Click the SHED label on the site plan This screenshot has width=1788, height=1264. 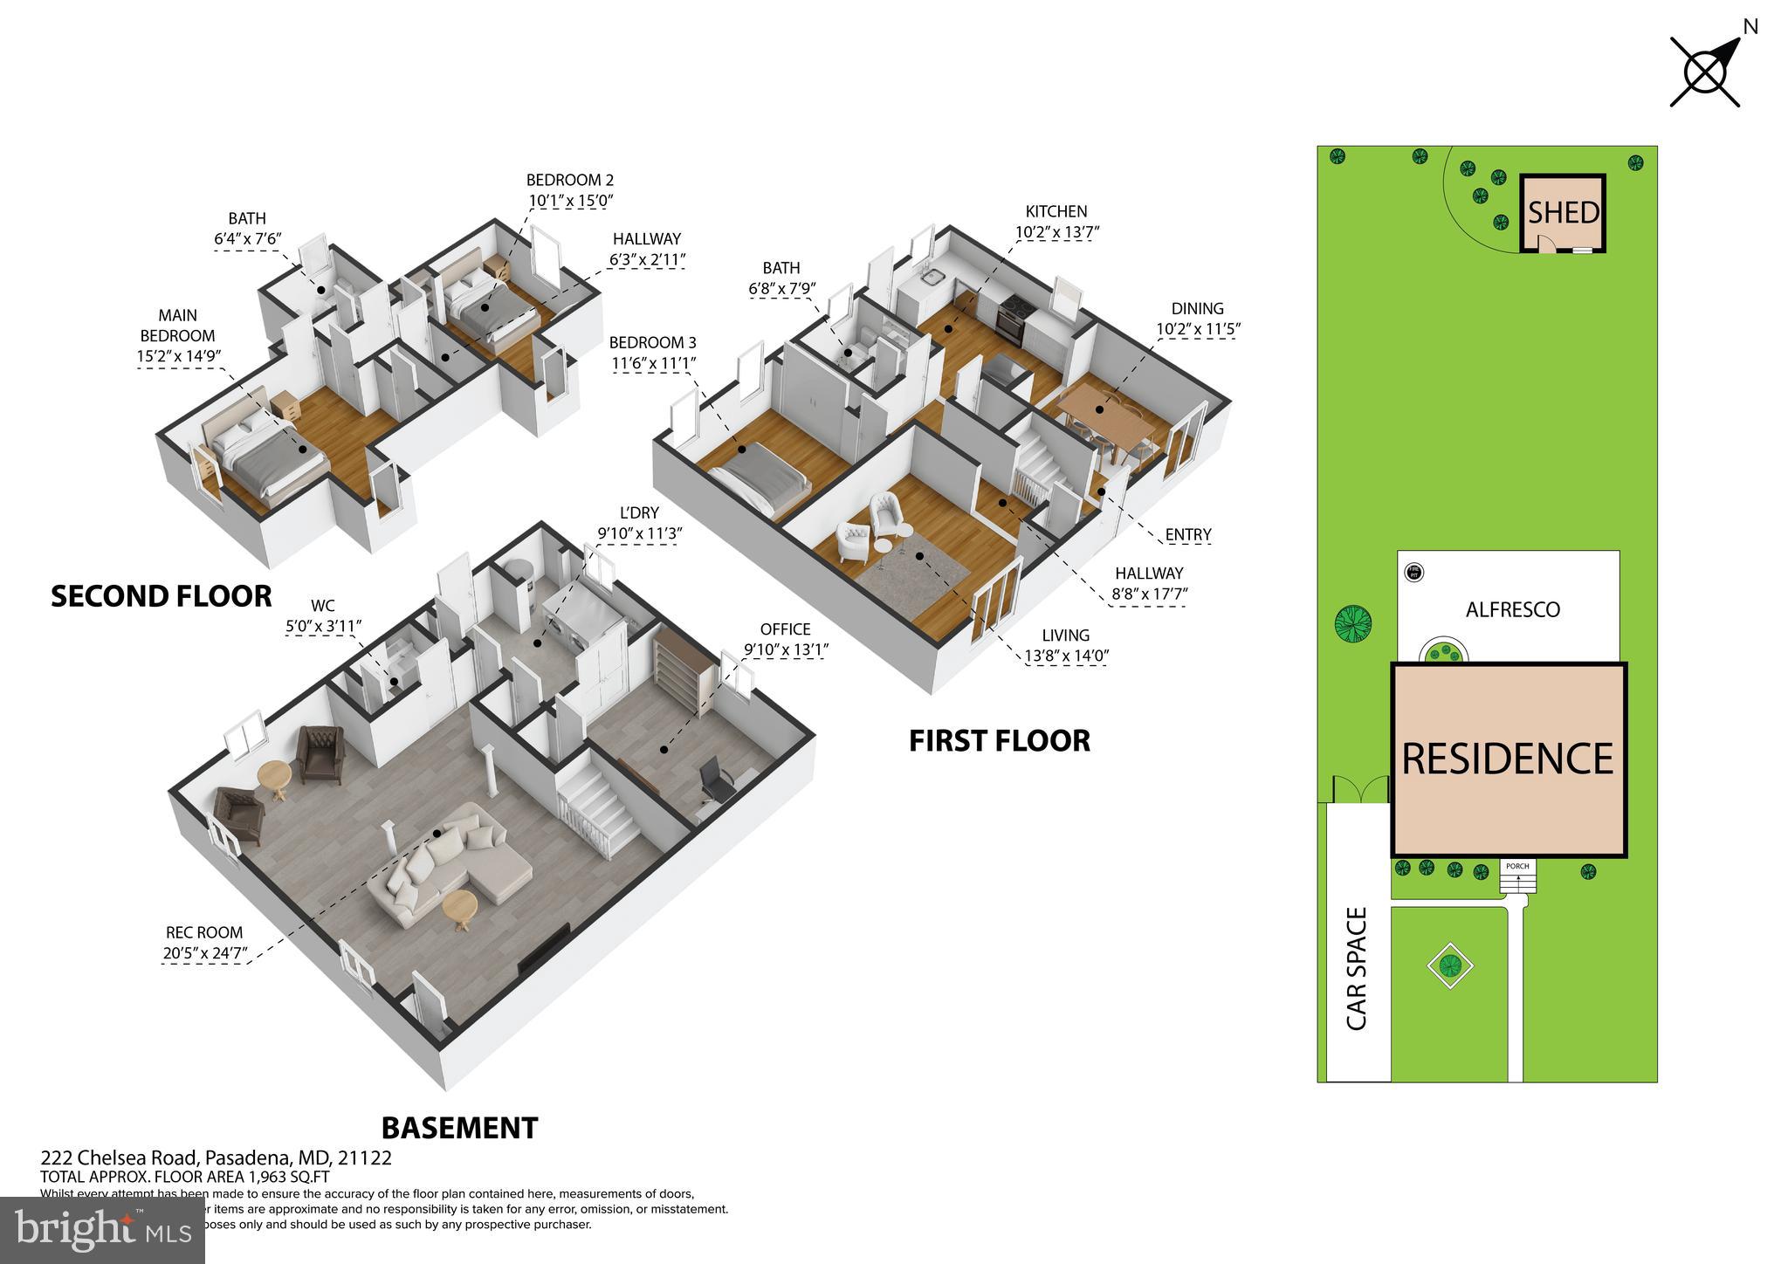pos(1563,213)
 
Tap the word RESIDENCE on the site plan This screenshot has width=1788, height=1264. pos(1507,759)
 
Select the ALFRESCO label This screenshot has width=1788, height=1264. pos(1512,609)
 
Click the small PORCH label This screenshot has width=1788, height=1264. pos(1517,867)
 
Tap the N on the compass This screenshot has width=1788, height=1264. pos(1750,27)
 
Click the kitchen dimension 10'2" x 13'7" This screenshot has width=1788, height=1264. pos(1056,232)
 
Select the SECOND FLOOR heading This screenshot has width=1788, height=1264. pos(162,596)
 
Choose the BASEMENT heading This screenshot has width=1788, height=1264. pos(459,1128)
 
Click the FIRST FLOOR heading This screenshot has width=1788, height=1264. pos(999,741)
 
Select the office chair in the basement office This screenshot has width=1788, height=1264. pos(714,779)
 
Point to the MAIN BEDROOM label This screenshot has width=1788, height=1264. pos(177,326)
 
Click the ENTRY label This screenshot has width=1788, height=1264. pos(1188,534)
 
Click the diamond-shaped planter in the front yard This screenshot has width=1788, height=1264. pos(1450,965)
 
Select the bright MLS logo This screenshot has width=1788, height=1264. pos(103,1230)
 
